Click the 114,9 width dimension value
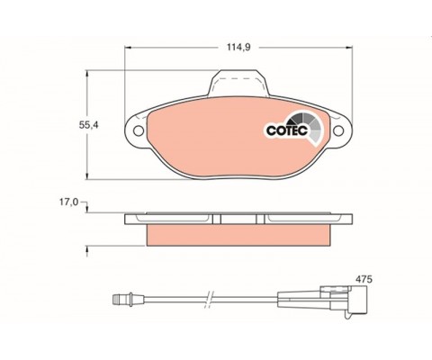[x=238, y=48]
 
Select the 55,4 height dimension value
[x=88, y=125]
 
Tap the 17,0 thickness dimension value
[x=68, y=202]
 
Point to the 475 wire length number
[x=364, y=279]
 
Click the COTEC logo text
[x=287, y=130]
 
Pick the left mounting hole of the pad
[x=139, y=130]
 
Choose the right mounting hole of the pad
[x=338, y=130]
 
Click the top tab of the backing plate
[x=238, y=83]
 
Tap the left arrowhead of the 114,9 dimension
[x=128, y=48]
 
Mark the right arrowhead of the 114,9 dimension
[x=349, y=48]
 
